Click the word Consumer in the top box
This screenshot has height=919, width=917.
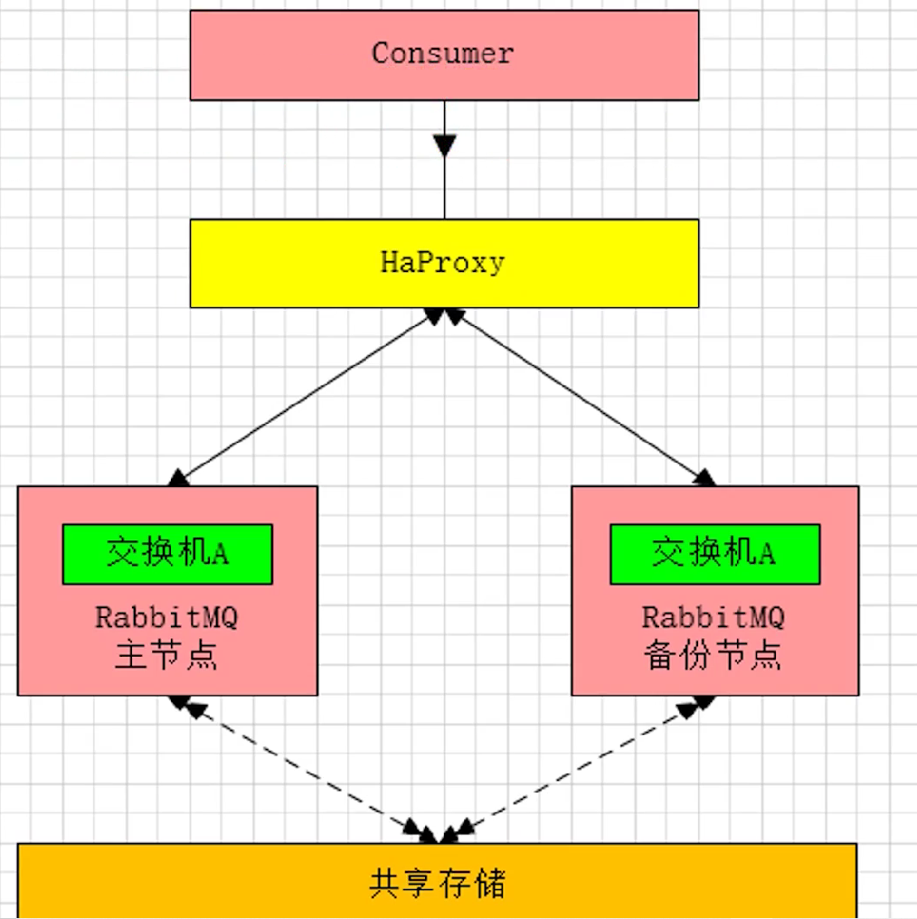pos(443,53)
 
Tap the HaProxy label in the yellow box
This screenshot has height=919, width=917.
pos(443,262)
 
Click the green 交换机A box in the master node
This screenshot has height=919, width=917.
pos(168,554)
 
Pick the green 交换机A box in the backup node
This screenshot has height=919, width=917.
pos(715,554)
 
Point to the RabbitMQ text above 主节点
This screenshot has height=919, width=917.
pos(166,617)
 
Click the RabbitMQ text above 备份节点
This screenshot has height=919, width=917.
pos(714,617)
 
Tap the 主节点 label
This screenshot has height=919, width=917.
pos(166,654)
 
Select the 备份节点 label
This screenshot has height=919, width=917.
pos(713,654)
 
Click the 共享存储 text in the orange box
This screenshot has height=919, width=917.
pos(438,883)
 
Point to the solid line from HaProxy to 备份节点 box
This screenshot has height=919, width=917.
pos(581,397)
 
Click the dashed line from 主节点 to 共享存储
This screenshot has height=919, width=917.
pos(304,770)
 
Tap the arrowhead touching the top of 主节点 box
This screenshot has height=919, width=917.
pos(178,478)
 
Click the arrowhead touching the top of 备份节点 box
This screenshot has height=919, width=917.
pos(705,478)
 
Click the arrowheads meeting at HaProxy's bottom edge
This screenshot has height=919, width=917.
pos(444,316)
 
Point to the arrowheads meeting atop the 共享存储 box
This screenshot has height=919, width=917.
pos(440,831)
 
